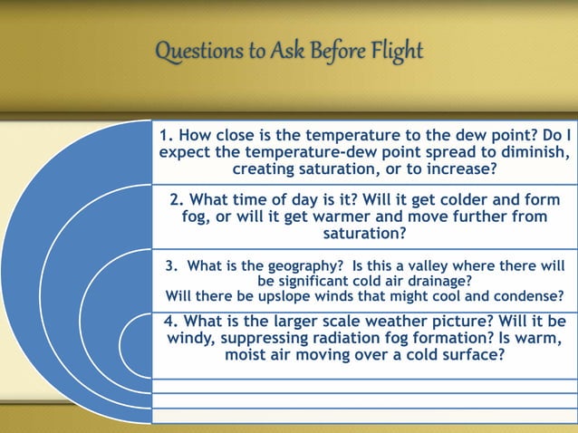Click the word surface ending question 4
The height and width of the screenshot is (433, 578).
pos(468,355)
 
